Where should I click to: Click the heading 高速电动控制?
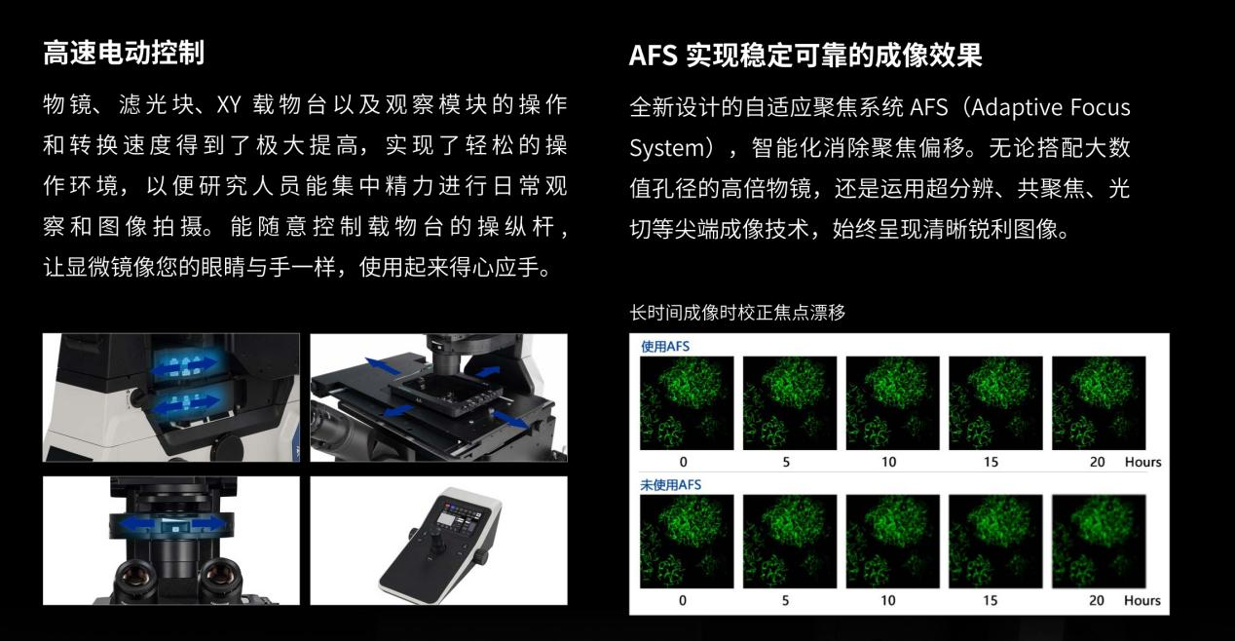(x=124, y=53)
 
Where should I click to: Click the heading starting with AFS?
(x=805, y=56)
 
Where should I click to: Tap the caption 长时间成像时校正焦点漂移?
(x=737, y=313)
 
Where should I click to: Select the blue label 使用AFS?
(x=665, y=347)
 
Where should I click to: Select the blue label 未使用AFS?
(x=670, y=485)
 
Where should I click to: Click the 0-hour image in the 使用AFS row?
(x=687, y=402)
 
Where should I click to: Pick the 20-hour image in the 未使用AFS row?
(x=1099, y=542)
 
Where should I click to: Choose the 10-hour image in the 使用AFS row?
(x=892, y=402)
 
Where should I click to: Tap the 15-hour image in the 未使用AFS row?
(x=995, y=542)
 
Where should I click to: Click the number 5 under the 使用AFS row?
(x=786, y=463)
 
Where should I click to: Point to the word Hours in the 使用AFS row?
(x=1142, y=462)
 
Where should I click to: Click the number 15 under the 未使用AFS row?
(x=991, y=600)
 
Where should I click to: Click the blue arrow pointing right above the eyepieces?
(x=210, y=522)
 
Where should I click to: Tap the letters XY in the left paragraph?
(x=229, y=105)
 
